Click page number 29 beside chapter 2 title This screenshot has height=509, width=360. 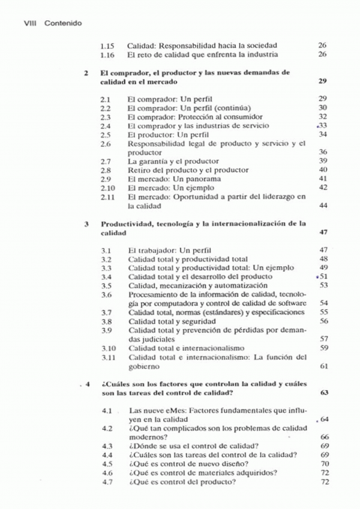(322, 81)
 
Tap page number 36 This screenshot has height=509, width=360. (323, 152)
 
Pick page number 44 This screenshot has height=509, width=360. (323, 206)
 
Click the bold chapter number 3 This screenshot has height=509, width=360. (87, 223)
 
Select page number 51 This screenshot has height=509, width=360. (323, 276)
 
